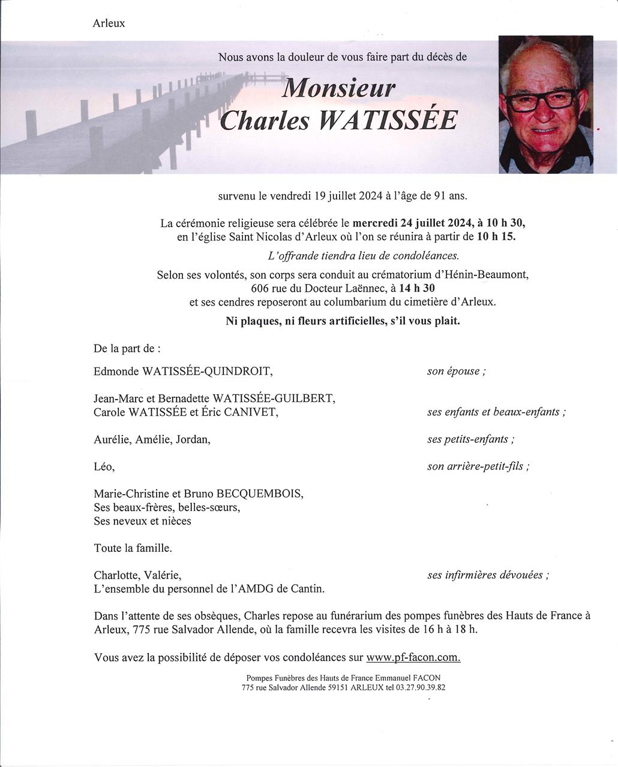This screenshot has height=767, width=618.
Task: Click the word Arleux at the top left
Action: click(109, 23)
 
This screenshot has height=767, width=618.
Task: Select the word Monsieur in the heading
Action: click(338, 88)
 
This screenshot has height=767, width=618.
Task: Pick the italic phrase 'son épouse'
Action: click(456, 371)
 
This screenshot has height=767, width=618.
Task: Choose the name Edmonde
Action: click(116, 372)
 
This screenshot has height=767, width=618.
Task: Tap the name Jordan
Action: click(193, 439)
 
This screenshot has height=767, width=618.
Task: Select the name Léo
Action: click(104, 466)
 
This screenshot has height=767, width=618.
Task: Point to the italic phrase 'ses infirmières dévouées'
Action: click(488, 575)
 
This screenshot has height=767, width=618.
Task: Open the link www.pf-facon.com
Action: click(413, 657)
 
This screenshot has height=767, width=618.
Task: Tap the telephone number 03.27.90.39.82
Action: click(421, 688)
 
